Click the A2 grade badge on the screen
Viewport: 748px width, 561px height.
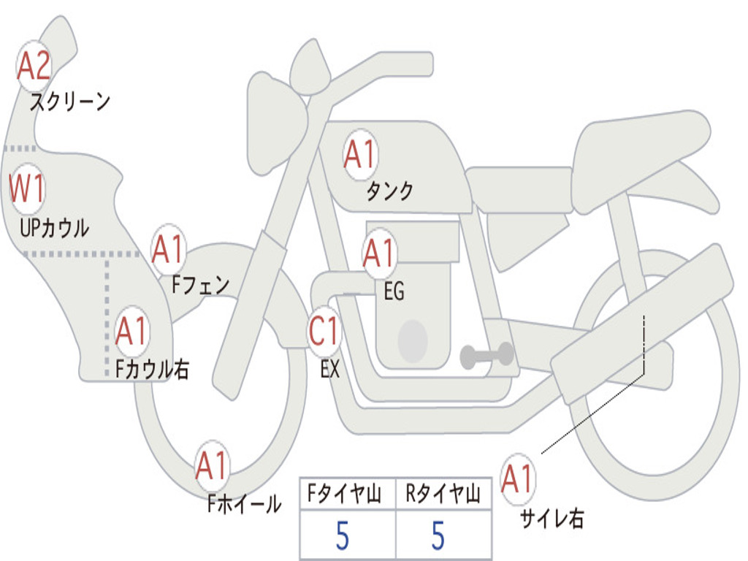click(x=34, y=66)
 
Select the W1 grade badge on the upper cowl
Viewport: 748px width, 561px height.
click(x=27, y=188)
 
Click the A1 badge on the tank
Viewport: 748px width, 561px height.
click(x=361, y=154)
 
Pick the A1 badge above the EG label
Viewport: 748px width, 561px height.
click(x=379, y=253)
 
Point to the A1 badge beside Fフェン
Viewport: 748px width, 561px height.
click(x=169, y=248)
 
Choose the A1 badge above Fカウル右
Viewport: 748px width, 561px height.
click(x=131, y=331)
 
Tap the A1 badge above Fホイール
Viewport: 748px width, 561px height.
click(x=212, y=465)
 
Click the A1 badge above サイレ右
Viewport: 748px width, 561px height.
click(x=518, y=478)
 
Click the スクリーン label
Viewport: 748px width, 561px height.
click(x=70, y=102)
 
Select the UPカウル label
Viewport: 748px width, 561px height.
click(x=54, y=228)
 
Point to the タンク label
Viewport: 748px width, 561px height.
click(x=389, y=191)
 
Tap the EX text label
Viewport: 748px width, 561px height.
click(x=330, y=369)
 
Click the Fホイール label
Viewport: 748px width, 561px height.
click(x=244, y=504)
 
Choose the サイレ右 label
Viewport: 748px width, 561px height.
click(x=552, y=518)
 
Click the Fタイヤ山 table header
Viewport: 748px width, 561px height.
click(x=345, y=493)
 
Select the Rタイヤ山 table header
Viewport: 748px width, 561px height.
click(x=443, y=493)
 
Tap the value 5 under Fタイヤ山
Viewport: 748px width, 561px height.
click(x=343, y=535)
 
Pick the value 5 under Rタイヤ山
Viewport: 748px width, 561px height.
click(x=438, y=535)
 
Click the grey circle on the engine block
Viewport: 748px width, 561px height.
click(x=413, y=341)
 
